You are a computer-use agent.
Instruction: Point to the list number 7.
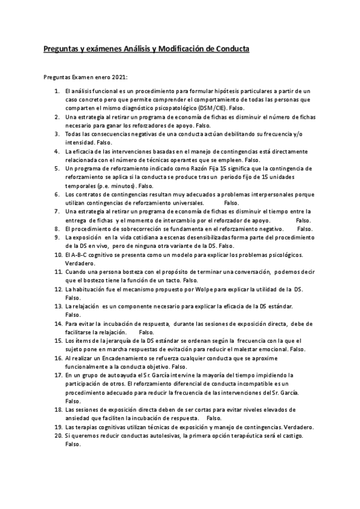point(58,212)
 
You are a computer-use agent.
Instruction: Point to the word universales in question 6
point(181,203)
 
